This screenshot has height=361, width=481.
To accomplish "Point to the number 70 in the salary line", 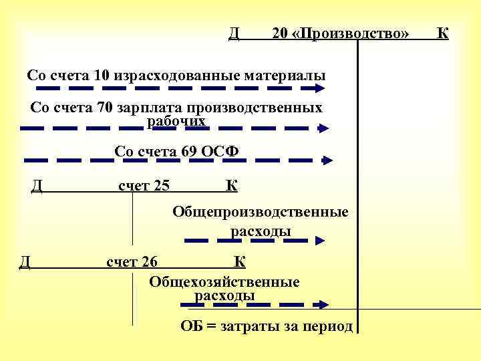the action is [x=104, y=108].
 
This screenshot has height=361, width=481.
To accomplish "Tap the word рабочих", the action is [x=176, y=120].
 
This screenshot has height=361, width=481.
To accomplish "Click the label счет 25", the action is [x=144, y=185].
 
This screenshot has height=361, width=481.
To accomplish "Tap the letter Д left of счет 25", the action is [x=37, y=185].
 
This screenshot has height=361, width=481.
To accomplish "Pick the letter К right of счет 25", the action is [x=231, y=185].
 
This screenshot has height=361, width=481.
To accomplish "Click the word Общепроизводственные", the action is [x=261, y=213].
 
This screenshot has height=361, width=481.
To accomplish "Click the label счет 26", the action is [x=132, y=261].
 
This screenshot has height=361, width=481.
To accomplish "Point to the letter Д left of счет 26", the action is [x=25, y=261].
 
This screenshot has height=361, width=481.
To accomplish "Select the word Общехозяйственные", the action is [x=224, y=281].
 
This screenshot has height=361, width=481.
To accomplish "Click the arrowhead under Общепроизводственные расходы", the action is [x=322, y=240].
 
